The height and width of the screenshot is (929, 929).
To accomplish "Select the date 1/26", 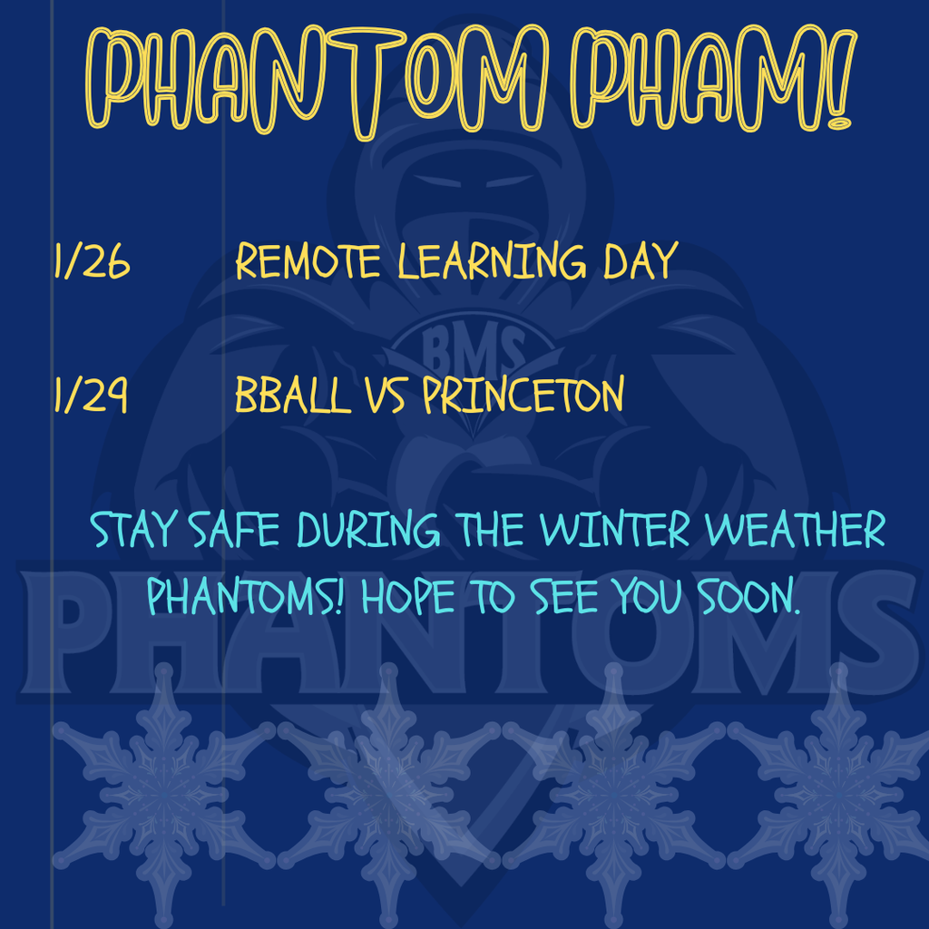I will (x=92, y=262).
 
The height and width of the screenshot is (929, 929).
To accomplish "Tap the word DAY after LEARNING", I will (x=641, y=262).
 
